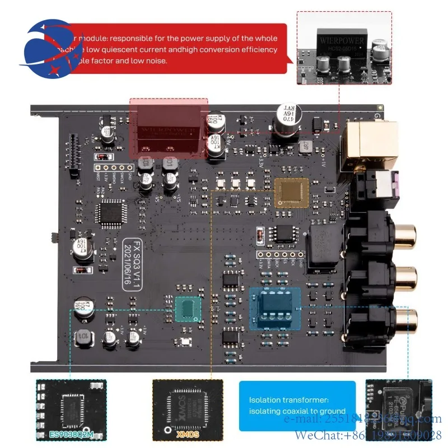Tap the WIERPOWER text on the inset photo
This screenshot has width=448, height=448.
pyautogui.click(x=341, y=41)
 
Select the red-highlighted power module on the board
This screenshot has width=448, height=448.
pyautogui.click(x=169, y=128)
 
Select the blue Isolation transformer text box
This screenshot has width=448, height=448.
pyautogui.click(x=297, y=405)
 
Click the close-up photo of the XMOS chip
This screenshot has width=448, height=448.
pyautogui.click(x=188, y=405)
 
